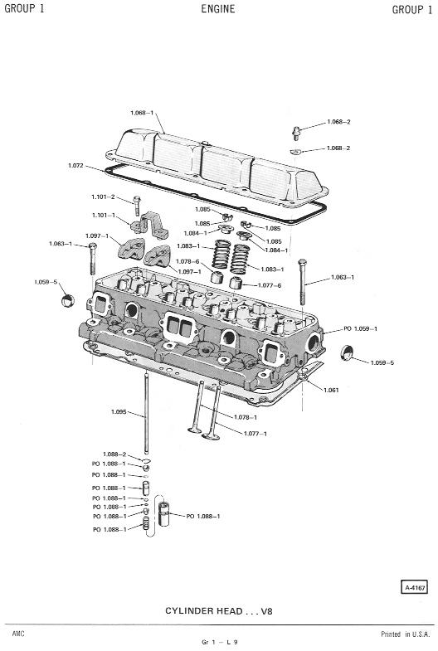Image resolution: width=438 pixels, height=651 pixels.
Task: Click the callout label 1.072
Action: click(75, 166)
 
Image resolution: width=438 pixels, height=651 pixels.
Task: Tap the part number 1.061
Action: click(331, 390)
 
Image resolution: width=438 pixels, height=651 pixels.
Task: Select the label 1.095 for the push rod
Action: click(119, 412)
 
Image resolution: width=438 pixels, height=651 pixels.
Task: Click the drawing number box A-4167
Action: click(414, 587)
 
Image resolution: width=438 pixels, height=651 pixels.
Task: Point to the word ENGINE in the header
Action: click(218, 9)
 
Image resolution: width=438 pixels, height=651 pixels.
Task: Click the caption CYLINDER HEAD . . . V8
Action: click(219, 610)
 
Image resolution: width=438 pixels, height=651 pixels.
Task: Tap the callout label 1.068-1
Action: click(142, 113)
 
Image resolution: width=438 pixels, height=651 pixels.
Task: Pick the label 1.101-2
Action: click(103, 197)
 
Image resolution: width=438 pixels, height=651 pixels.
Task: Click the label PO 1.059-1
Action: click(360, 328)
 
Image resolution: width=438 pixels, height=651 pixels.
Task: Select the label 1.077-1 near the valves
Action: click(255, 434)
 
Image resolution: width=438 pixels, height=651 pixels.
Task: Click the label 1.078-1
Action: click(246, 417)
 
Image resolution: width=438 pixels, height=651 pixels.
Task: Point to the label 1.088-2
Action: click(114, 454)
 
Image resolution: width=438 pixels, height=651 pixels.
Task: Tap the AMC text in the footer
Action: click(18, 634)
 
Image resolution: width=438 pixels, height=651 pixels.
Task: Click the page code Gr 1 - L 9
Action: click(220, 642)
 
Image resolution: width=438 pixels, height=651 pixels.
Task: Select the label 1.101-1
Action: click(104, 216)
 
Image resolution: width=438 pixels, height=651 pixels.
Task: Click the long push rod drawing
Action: click(146, 414)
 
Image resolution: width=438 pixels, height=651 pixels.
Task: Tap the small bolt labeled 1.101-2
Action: click(137, 206)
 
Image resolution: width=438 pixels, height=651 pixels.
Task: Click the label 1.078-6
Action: click(187, 261)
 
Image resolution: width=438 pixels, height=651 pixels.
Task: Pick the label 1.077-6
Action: click(270, 285)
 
